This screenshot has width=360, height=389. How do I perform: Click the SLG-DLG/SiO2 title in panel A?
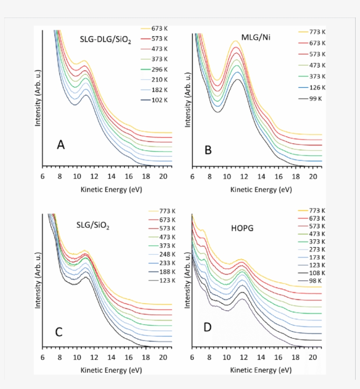pos(106,39)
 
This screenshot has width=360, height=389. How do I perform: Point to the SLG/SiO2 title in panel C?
pos(92,226)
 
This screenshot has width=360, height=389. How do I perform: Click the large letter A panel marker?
pos(61,145)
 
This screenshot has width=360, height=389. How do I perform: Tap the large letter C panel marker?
pos(58,332)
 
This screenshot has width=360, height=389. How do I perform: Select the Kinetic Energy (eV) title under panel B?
pos(261,189)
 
